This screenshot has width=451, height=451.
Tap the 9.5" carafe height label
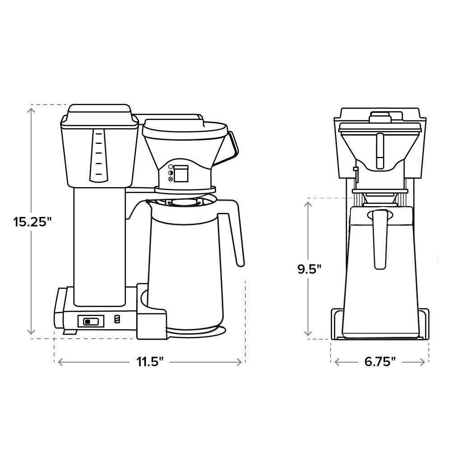(x=309, y=269)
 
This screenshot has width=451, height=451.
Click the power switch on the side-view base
(x=91, y=321)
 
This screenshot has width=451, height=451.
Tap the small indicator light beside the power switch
(x=117, y=319)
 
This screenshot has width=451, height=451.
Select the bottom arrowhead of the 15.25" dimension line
(x=32, y=335)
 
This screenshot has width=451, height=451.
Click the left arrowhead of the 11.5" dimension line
(x=58, y=362)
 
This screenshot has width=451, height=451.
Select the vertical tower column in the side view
(x=100, y=244)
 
